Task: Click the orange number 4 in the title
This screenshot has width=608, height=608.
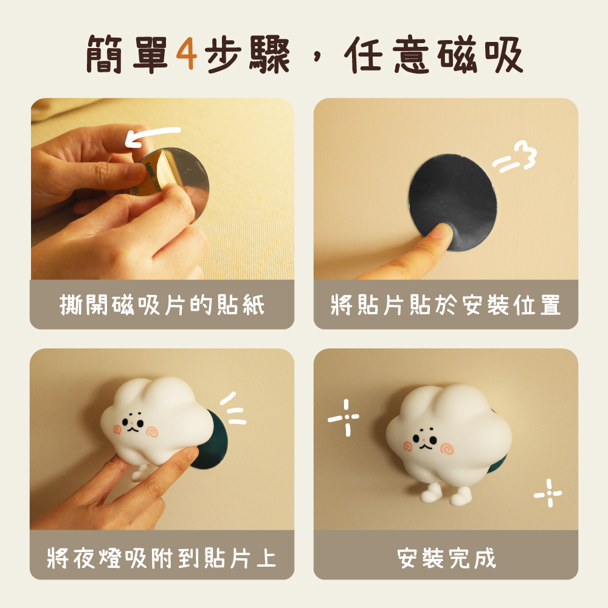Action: [x=187, y=54]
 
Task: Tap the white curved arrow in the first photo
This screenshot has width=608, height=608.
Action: [x=153, y=136]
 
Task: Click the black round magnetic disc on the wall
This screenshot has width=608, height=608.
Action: [x=452, y=202]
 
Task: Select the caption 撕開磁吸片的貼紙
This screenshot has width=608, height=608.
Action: [x=162, y=305]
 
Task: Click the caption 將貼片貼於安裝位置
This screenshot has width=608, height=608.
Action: [x=446, y=305]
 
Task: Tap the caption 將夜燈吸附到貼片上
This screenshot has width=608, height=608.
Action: [x=162, y=558]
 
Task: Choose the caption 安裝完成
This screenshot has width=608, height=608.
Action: [x=446, y=558]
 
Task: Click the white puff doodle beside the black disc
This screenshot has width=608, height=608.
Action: [x=514, y=156]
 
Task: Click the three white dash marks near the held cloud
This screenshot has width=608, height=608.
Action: [x=233, y=409]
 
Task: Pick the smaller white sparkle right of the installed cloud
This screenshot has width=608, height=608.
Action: [x=548, y=493]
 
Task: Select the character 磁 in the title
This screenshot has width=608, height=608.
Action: [x=457, y=54]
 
